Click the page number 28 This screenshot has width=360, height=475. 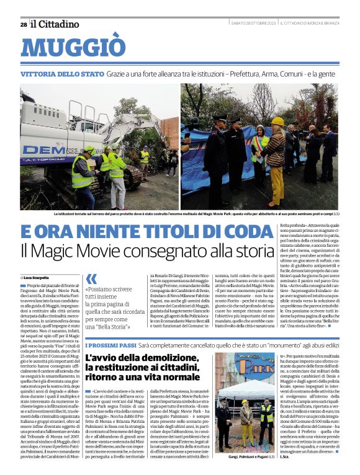point(24,24)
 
